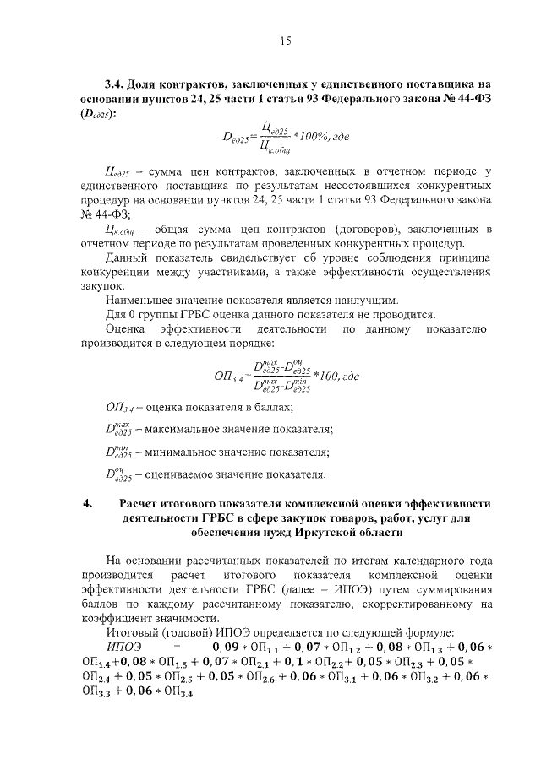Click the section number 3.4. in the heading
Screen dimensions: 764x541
116,85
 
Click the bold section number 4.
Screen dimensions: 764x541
87,505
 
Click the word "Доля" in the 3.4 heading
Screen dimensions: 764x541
145,85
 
